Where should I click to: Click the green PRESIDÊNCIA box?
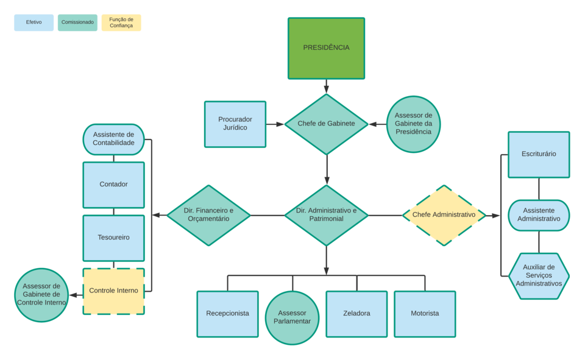pyautogui.click(x=326, y=48)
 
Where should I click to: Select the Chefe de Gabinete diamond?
pyautogui.click(x=326, y=124)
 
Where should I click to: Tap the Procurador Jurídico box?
pyautogui.click(x=235, y=124)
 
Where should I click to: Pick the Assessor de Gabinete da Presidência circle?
pyautogui.click(x=413, y=124)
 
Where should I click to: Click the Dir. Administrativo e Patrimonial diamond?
pyautogui.click(x=326, y=215)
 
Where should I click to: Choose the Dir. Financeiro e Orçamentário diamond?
pyautogui.click(x=208, y=215)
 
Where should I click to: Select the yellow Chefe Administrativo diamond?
pyautogui.click(x=444, y=215)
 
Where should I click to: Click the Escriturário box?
pyautogui.click(x=539, y=154)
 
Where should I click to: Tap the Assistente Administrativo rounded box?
pyautogui.click(x=539, y=215)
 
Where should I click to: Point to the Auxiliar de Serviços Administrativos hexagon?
pyautogui.click(x=539, y=276)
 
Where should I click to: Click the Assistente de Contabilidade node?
pyautogui.click(x=113, y=139)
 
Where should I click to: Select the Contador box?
pyautogui.click(x=113, y=184)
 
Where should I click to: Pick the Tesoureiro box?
pyautogui.click(x=113, y=237)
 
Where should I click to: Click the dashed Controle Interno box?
pyautogui.click(x=113, y=291)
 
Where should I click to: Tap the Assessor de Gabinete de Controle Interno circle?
pyautogui.click(x=41, y=294)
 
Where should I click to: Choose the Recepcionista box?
pyautogui.click(x=227, y=313)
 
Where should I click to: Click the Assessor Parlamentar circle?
pyautogui.click(x=292, y=317)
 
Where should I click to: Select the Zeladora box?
pyautogui.click(x=356, y=313)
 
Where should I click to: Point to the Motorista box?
pyautogui.click(x=425, y=313)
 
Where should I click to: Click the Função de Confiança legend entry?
pyautogui.click(x=121, y=23)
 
